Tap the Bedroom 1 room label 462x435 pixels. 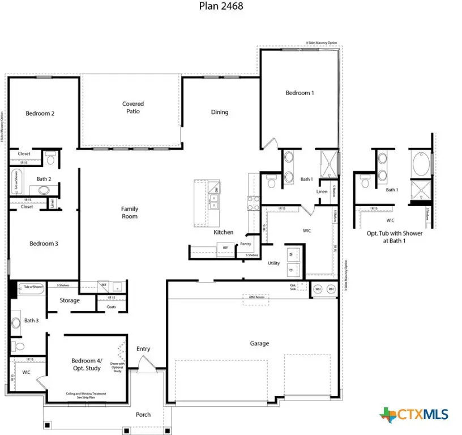tap(300, 93)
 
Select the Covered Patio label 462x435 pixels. tap(133, 108)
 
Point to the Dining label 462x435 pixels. tap(220, 112)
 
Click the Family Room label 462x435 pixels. tap(130, 212)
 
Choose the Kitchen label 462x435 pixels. tap(224, 233)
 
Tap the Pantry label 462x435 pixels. tap(245, 244)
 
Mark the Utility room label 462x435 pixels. tap(273, 263)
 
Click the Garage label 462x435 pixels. tap(260, 343)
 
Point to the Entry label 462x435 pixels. tap(143, 349)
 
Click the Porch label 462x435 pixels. tap(143, 415)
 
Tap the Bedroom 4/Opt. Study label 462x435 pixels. tap(86, 364)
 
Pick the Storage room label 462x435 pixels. tap(70, 301)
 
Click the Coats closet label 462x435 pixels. tap(111, 308)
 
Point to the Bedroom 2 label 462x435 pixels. tap(40, 113)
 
